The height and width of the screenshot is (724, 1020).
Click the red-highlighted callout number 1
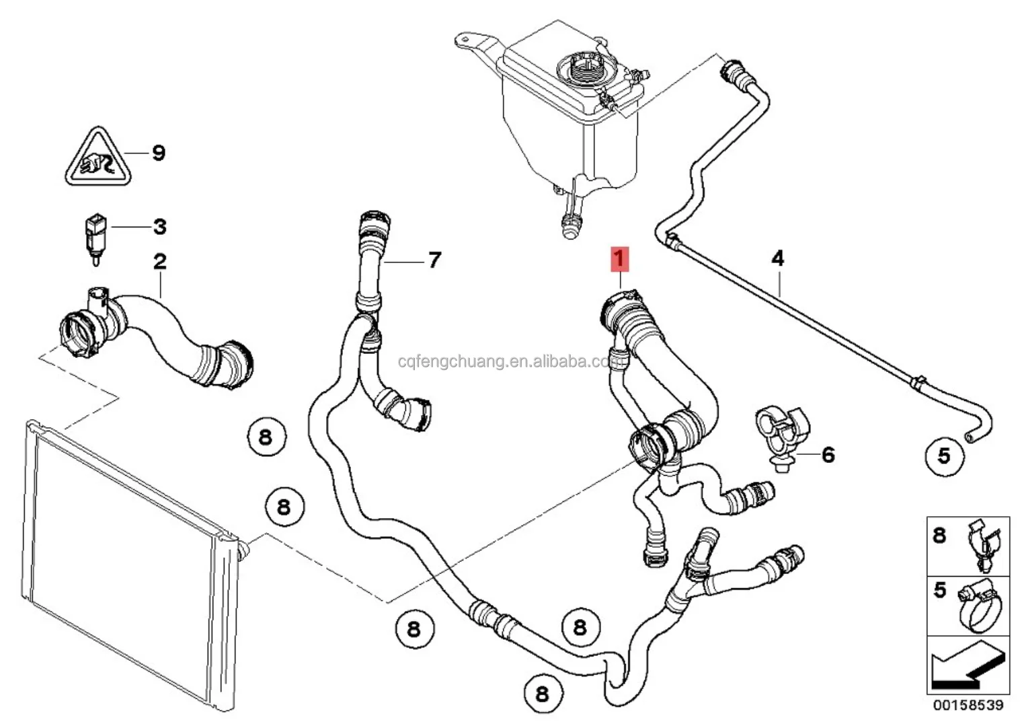[619, 258]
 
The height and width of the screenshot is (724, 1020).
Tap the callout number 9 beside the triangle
[158, 153]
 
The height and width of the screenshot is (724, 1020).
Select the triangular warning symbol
[98, 159]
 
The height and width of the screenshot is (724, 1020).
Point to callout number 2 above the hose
[159, 261]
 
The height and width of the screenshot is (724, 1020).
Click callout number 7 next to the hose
[434, 259]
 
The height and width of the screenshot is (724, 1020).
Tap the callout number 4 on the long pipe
[777, 258]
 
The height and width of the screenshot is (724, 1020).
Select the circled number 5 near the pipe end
[944, 456]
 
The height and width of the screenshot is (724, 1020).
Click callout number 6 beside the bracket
[828, 455]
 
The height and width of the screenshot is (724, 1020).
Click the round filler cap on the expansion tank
[581, 69]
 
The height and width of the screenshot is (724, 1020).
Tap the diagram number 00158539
[967, 705]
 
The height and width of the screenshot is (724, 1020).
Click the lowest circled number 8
[542, 693]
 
